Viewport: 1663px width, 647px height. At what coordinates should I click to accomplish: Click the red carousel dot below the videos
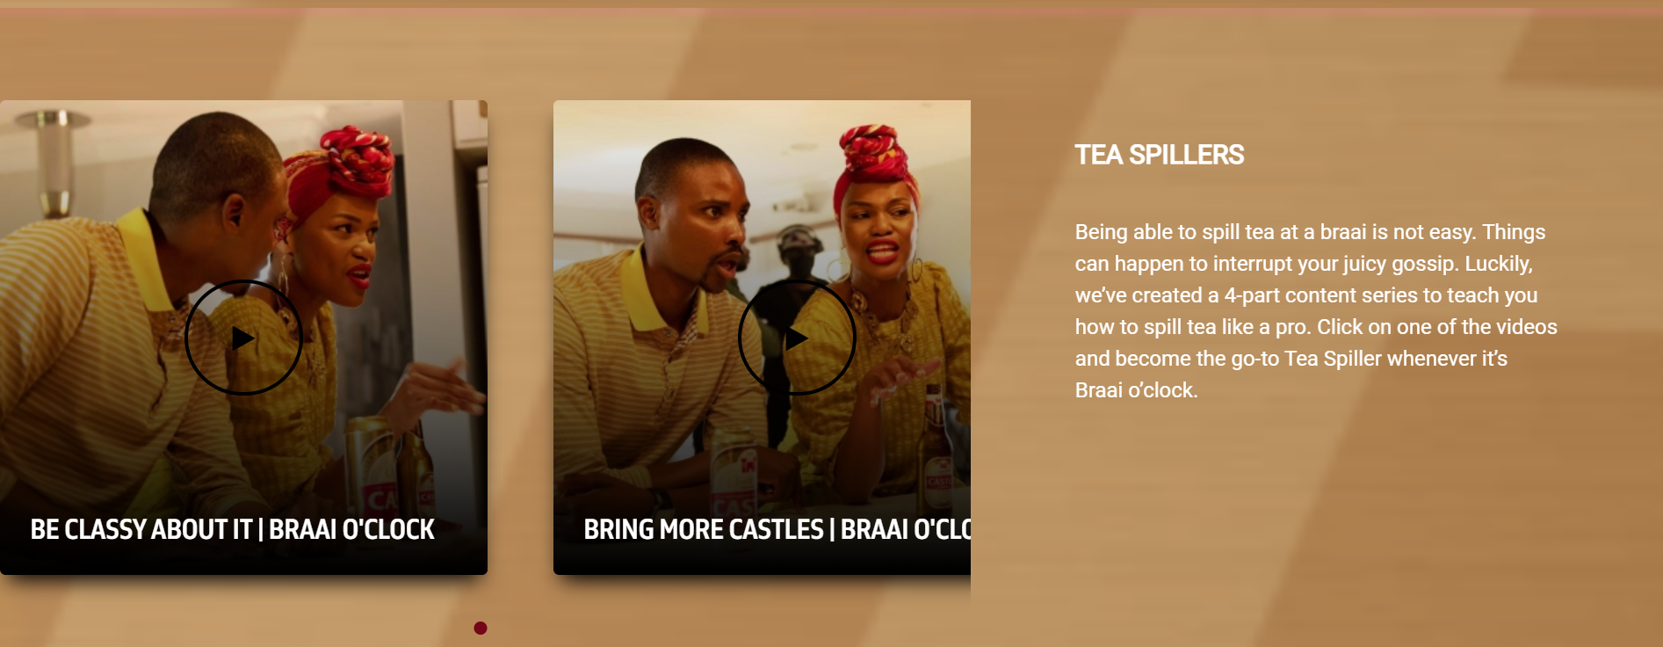(x=481, y=628)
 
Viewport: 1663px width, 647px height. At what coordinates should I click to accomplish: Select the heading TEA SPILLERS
(x=1159, y=155)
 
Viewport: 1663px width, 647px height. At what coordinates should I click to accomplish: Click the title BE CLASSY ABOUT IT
(x=141, y=529)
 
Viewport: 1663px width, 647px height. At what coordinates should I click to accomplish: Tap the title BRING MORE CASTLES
(x=704, y=529)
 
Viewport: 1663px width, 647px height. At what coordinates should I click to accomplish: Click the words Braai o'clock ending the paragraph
(x=1136, y=390)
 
